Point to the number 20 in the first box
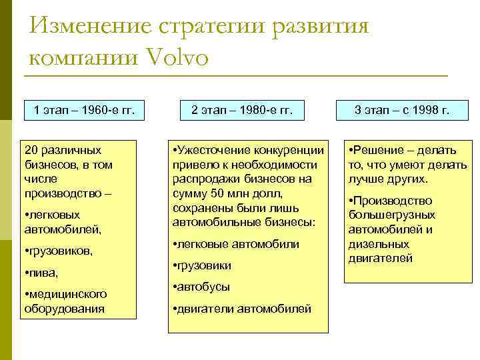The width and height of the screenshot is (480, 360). point(30,150)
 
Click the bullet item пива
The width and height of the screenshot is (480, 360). point(43,273)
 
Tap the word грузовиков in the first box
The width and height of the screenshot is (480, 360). point(60,251)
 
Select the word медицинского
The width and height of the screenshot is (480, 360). point(67,294)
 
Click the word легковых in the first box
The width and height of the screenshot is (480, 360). point(54,215)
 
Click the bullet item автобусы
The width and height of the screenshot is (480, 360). point(203,287)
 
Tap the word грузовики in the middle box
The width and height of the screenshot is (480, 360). point(204,265)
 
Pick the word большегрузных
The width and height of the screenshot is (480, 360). point(391,215)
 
